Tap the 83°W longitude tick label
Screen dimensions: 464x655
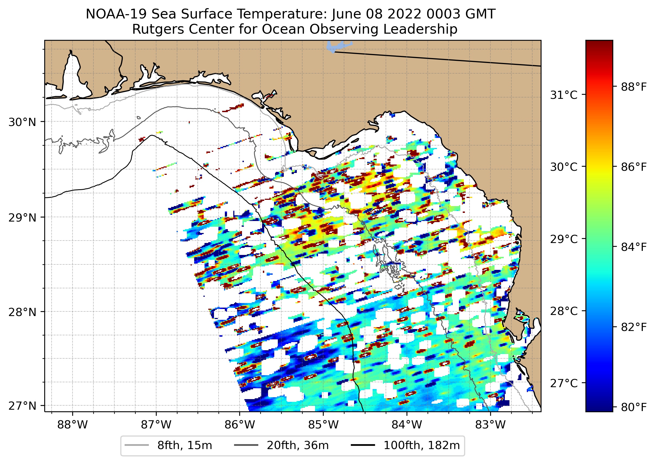[490, 425]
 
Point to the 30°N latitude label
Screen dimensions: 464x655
[22, 122]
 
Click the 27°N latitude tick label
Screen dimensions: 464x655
[22, 406]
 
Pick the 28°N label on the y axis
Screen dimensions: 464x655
[22, 312]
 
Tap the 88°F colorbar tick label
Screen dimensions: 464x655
[634, 87]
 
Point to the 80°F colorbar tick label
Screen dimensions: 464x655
[634, 407]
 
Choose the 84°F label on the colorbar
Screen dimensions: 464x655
[634, 247]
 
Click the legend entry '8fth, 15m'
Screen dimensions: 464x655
[184, 446]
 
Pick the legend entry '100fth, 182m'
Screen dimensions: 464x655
[421, 446]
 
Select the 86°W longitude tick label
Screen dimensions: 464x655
[240, 425]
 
